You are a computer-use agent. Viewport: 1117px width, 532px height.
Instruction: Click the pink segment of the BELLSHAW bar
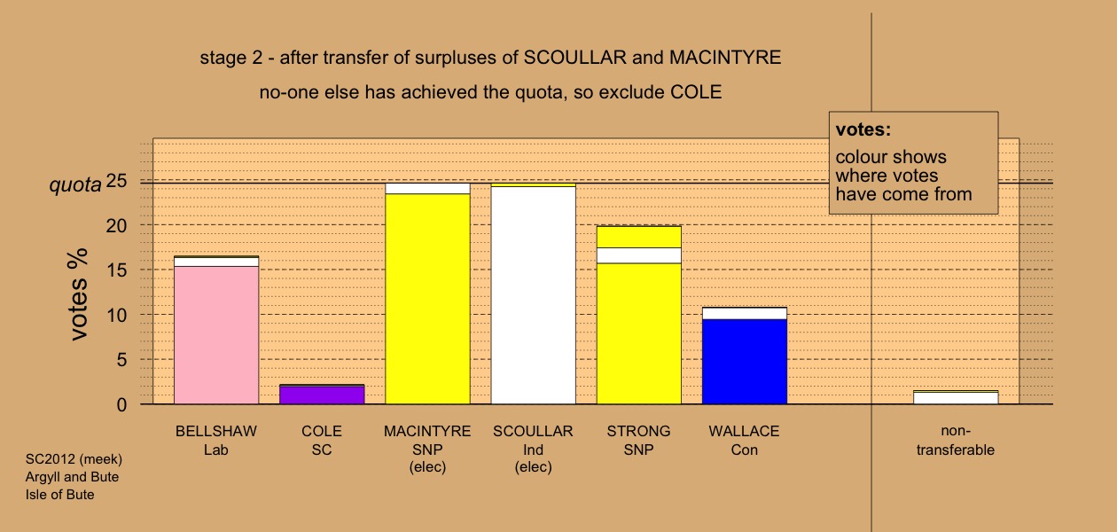(x=216, y=335)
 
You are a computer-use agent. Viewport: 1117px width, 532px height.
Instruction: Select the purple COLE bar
(x=322, y=395)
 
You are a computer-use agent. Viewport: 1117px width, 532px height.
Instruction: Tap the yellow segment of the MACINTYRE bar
(x=428, y=299)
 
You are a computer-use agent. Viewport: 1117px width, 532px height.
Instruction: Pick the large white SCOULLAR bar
(x=534, y=295)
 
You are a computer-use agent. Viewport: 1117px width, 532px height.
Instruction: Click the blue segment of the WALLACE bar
(x=745, y=362)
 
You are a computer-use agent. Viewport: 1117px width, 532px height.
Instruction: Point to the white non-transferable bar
(x=956, y=398)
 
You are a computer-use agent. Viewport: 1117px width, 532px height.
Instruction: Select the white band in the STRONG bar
(x=639, y=255)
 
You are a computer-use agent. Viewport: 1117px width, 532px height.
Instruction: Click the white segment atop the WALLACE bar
(x=745, y=313)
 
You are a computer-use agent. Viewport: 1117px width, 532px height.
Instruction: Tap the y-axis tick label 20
(x=116, y=226)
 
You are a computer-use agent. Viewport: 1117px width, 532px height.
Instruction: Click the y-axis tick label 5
(x=121, y=360)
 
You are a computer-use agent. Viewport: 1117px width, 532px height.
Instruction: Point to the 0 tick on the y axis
(x=121, y=405)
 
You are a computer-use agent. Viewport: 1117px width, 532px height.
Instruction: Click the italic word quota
(x=75, y=185)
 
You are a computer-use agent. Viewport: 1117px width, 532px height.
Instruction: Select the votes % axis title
(x=78, y=294)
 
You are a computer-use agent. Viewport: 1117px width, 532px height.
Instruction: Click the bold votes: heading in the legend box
(x=863, y=129)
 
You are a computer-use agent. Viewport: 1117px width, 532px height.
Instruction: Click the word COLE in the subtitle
(x=696, y=92)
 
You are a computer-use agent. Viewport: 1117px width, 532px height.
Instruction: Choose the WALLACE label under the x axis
(x=744, y=431)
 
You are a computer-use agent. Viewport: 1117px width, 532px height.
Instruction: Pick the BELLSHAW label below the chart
(x=216, y=431)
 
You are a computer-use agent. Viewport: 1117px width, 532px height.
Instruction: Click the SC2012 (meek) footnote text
(x=74, y=459)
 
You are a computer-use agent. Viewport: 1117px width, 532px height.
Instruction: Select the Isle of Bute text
(x=60, y=495)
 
